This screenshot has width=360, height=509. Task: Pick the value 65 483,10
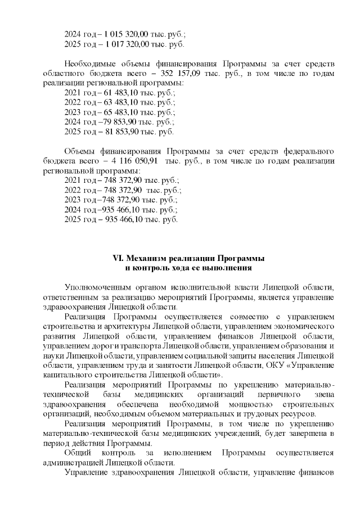point(115,112)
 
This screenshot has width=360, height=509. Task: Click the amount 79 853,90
point(114,122)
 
